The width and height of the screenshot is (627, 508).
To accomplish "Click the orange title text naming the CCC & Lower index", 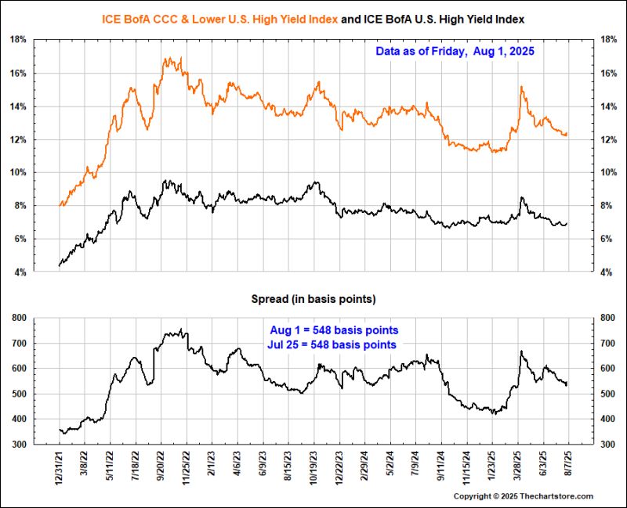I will (x=220, y=18).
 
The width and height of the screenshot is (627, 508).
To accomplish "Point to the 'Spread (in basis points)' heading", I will (x=313, y=299).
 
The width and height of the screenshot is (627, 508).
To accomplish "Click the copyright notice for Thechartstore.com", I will (x=524, y=496).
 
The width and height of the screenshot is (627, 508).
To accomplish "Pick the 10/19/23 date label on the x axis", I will (x=314, y=469).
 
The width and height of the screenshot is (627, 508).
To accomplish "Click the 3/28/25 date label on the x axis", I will (x=517, y=467).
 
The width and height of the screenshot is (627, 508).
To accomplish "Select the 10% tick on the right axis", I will (x=608, y=172).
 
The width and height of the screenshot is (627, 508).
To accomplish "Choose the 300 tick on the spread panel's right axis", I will (x=608, y=444).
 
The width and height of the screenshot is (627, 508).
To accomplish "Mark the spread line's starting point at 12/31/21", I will (x=60, y=429).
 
